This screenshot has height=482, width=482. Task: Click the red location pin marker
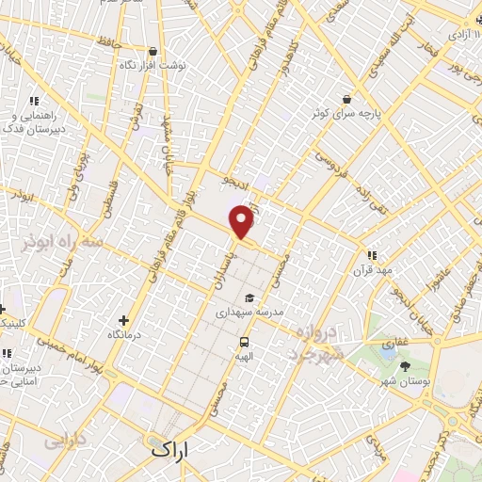(242, 221)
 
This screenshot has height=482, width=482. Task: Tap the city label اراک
(169, 450)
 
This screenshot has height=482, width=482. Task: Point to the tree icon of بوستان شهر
(406, 365)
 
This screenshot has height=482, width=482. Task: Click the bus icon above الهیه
(245, 343)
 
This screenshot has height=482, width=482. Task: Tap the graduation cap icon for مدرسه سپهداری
(249, 297)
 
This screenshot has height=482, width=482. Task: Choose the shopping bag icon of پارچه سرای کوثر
(347, 98)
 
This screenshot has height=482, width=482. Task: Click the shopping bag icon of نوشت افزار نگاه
(153, 51)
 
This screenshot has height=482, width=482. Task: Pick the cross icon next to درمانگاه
(123, 320)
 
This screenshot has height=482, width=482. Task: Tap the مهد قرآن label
(372, 270)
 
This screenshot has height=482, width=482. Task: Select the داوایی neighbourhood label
(65, 440)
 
